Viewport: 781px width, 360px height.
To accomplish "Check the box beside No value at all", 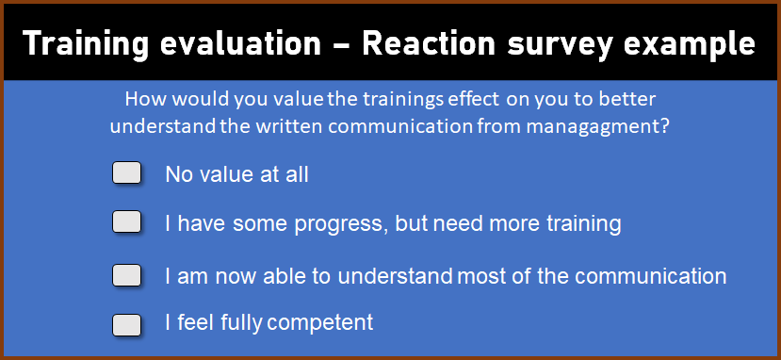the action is (126, 173).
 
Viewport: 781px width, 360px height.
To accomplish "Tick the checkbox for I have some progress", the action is (126, 221).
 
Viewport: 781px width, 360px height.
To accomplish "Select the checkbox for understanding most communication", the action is (126, 275).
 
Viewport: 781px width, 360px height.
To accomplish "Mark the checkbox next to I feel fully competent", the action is (126, 325).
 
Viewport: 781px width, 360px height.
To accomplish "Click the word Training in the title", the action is (86, 44).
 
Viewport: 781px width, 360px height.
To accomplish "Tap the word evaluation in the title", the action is (241, 43).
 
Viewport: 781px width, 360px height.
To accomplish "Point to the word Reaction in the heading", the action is (429, 43).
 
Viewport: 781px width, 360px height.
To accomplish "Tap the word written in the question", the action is (288, 126).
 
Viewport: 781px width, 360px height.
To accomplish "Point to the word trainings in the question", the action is (402, 100).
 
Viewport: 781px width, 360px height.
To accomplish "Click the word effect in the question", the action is (473, 99).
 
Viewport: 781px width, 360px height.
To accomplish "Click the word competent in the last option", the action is (319, 323).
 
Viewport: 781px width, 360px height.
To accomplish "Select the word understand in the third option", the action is (396, 275).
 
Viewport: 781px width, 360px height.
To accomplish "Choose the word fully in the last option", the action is (241, 323).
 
